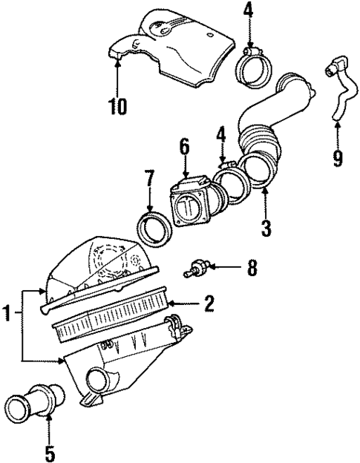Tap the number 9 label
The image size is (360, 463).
[338, 158]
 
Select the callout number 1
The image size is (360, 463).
[10, 315]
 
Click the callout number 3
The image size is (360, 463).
[265, 226]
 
